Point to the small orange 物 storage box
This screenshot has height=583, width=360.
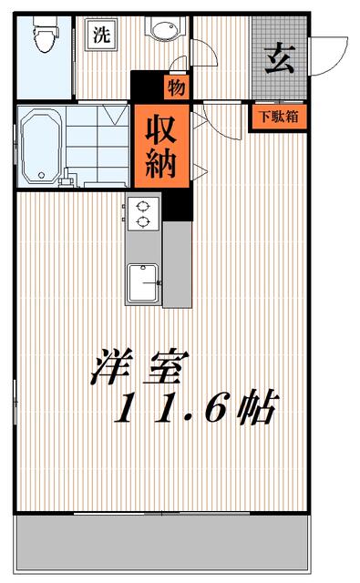[177, 87]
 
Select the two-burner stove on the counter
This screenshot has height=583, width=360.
[143, 212]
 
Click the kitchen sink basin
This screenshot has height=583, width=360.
[143, 283]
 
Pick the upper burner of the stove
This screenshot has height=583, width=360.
[143, 205]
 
